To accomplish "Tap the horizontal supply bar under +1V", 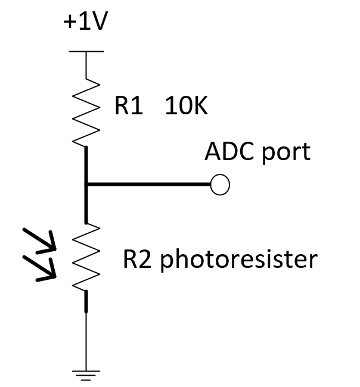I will click(86, 52).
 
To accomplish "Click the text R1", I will click(129, 108).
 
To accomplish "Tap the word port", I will click(286, 153).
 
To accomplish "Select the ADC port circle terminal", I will click(220, 185).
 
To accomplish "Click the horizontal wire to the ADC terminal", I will click(149, 185).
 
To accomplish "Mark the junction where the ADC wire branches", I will click(86, 185).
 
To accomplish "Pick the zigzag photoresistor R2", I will click(86, 257).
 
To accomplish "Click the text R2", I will click(138, 260).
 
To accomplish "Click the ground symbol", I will click(86, 374).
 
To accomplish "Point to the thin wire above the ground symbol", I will click(86, 339).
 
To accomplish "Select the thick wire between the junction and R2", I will click(86, 205).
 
